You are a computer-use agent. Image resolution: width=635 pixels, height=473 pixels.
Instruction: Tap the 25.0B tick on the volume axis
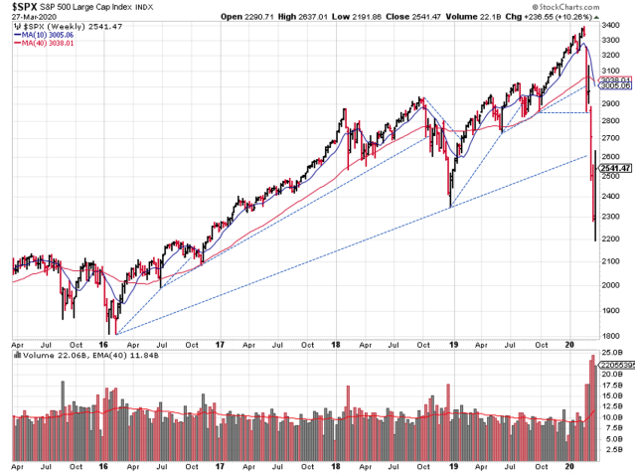611,353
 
